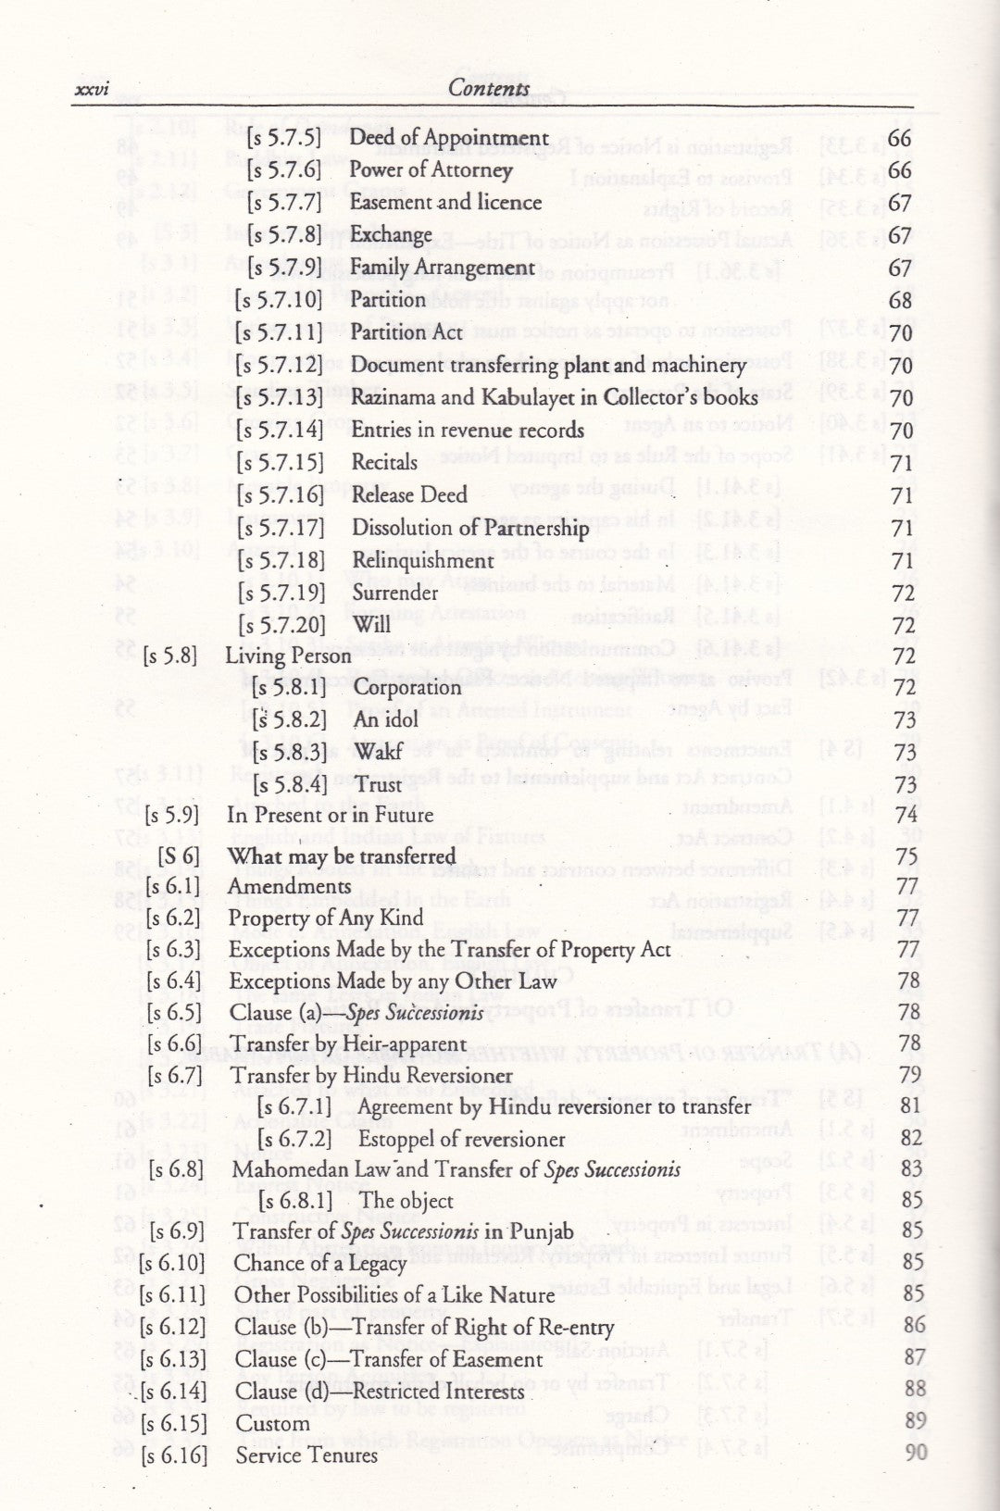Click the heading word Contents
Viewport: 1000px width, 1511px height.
(489, 89)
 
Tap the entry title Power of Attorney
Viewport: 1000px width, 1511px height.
(431, 170)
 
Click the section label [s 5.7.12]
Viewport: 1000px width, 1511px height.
(279, 365)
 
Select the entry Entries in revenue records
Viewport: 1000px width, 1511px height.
(468, 430)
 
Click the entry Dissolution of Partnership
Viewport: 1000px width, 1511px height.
(470, 528)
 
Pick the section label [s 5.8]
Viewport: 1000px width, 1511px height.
(171, 656)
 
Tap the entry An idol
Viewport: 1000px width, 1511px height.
(386, 719)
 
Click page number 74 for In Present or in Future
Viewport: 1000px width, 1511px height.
(906, 815)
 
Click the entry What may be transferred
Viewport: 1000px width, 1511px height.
(342, 856)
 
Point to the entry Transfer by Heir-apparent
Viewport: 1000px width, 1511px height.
(348, 1044)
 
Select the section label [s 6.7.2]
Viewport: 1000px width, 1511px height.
(294, 1139)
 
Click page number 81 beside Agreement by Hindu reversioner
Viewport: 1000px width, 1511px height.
(910, 1106)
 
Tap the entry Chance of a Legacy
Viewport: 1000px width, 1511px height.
(320, 1264)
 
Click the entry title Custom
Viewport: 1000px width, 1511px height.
(272, 1424)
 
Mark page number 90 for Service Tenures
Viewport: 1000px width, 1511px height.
(915, 1453)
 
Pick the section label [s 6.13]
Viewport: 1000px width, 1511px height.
(173, 1359)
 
